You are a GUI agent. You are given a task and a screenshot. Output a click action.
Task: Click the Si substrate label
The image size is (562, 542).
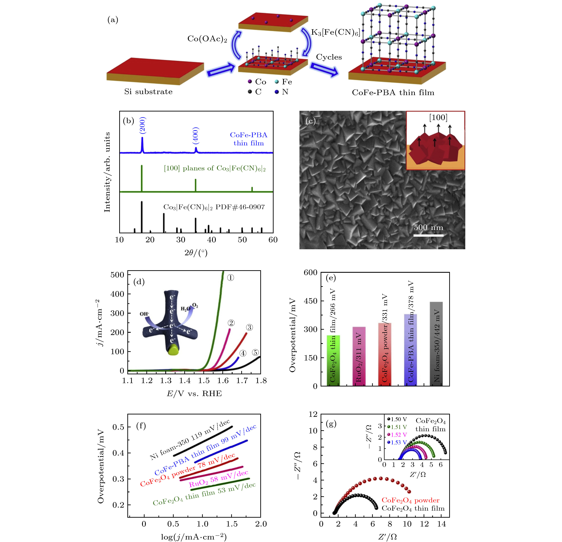pyautogui.click(x=148, y=92)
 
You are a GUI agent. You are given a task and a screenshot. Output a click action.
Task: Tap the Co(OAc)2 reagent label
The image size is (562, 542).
pyautogui.click(x=207, y=39)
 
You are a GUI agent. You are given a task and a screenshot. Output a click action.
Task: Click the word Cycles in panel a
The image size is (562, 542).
pyautogui.click(x=329, y=57)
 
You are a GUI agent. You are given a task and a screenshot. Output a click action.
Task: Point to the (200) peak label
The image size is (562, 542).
pyautogui.click(x=142, y=125)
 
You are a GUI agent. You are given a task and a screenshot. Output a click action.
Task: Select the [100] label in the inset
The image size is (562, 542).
pyautogui.click(x=438, y=117)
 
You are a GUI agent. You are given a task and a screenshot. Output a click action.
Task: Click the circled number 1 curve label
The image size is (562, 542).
pyautogui.click(x=230, y=278)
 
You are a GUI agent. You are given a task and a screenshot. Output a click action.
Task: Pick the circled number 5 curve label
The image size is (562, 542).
pyautogui.click(x=255, y=352)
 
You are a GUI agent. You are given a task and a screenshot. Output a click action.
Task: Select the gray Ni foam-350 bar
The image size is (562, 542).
pyautogui.click(x=436, y=344)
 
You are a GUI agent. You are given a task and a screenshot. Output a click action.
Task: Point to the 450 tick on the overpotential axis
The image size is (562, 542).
pyautogui.click(x=311, y=301)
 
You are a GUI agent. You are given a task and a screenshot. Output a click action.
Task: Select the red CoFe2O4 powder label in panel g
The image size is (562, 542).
pyautogui.click(x=410, y=500)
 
